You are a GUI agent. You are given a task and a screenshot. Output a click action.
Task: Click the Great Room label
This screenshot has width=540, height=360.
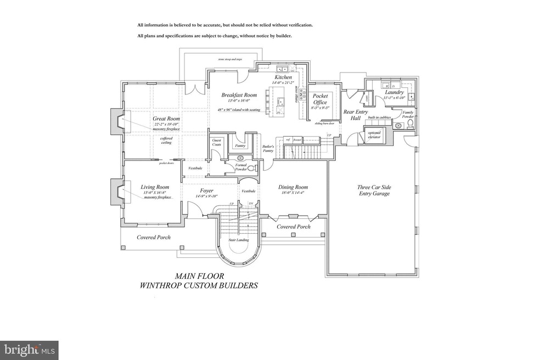click(166, 119)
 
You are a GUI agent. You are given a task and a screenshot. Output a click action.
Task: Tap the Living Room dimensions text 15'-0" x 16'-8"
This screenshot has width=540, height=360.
click(154, 192)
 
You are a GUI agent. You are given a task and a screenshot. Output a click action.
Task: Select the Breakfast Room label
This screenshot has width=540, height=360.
click(239, 95)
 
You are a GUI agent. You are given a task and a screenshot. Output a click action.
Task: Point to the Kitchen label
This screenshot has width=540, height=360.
click(283, 77)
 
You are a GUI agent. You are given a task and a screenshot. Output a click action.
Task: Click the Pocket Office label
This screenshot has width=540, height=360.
click(320, 99)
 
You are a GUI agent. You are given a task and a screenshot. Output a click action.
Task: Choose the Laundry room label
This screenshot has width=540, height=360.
click(394, 92)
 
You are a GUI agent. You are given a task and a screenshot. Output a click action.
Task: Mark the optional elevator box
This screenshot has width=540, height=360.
click(376, 135)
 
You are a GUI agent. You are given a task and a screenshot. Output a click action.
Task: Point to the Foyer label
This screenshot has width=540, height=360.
click(207, 190)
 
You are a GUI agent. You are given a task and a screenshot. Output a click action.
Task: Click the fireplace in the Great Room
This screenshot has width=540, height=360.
click(117, 121)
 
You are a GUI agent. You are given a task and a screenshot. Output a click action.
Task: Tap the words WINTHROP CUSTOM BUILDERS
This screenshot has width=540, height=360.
click(199, 285)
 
